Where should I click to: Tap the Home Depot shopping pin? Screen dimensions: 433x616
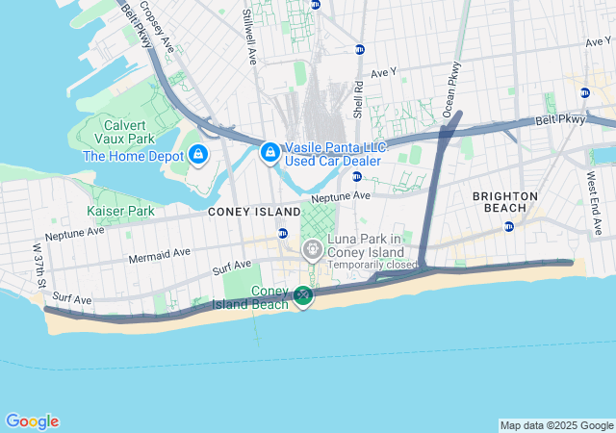point(199,154)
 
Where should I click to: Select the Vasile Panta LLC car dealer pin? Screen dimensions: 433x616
point(270,152)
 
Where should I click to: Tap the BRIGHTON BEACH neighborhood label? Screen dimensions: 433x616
point(505,202)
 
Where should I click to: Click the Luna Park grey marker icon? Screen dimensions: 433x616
point(313,250)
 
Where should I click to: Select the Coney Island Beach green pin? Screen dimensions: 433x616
point(303,295)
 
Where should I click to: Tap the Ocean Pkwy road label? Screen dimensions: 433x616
point(450,89)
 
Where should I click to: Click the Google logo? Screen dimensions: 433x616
point(32,421)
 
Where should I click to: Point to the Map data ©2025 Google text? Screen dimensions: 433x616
point(555,425)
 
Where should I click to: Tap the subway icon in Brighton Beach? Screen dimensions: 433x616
point(509,227)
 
